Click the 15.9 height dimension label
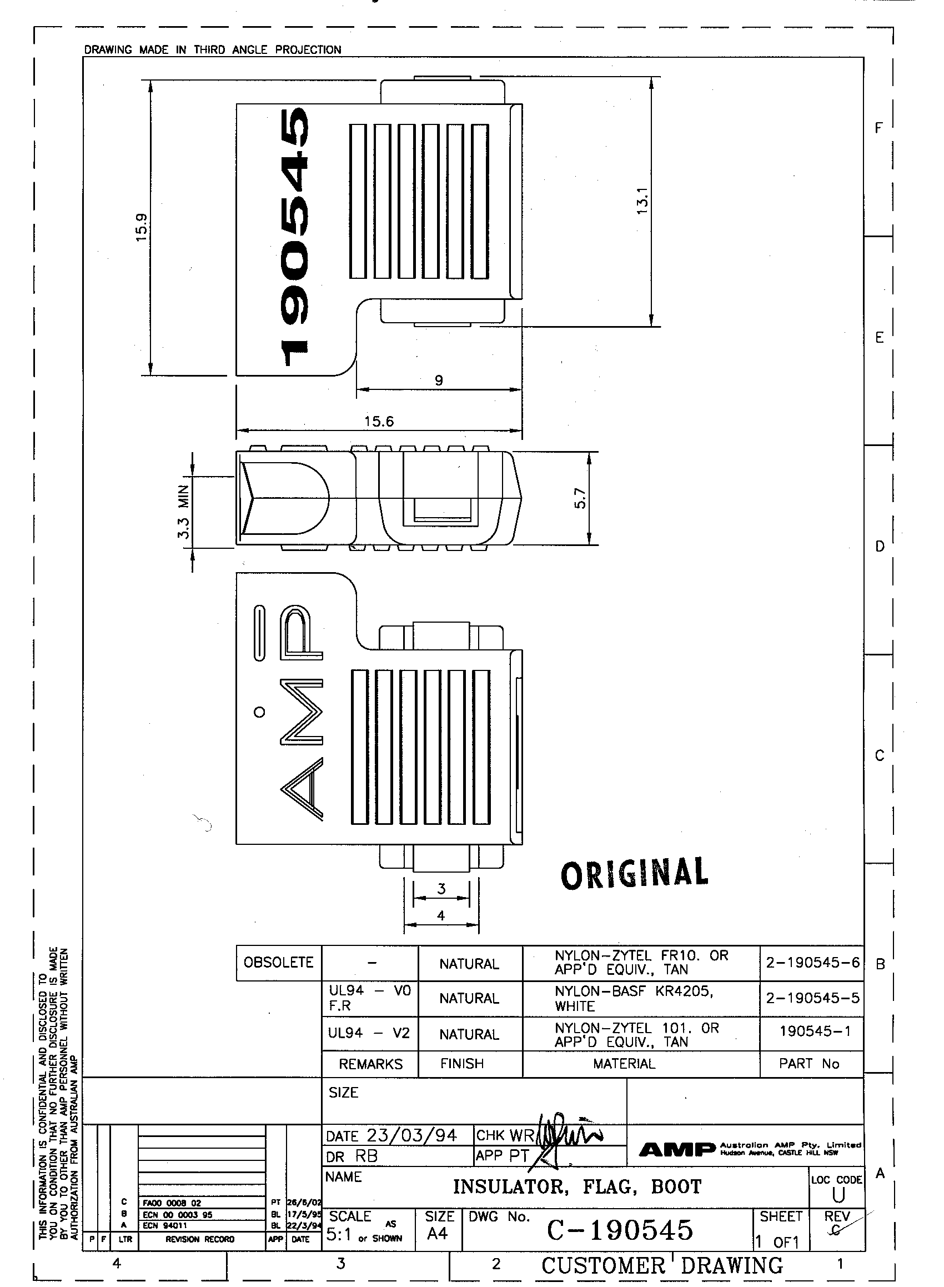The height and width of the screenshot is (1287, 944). click(142, 227)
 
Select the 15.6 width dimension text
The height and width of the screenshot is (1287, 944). click(379, 421)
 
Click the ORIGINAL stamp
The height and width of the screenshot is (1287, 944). click(634, 873)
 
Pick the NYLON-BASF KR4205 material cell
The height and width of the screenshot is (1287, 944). click(634, 998)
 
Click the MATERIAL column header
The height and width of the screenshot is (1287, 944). click(624, 1063)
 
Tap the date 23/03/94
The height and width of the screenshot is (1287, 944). click(411, 1135)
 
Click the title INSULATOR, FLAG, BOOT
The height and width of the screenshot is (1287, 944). click(577, 1187)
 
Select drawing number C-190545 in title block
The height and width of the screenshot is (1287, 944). click(620, 1230)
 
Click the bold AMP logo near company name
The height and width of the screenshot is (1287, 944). click(676, 1149)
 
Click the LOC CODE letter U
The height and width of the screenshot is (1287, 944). click(838, 1195)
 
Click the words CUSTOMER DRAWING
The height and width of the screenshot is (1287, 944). click(662, 1265)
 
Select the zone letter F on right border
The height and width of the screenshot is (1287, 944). click(879, 128)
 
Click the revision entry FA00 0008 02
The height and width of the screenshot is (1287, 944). click(172, 1203)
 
